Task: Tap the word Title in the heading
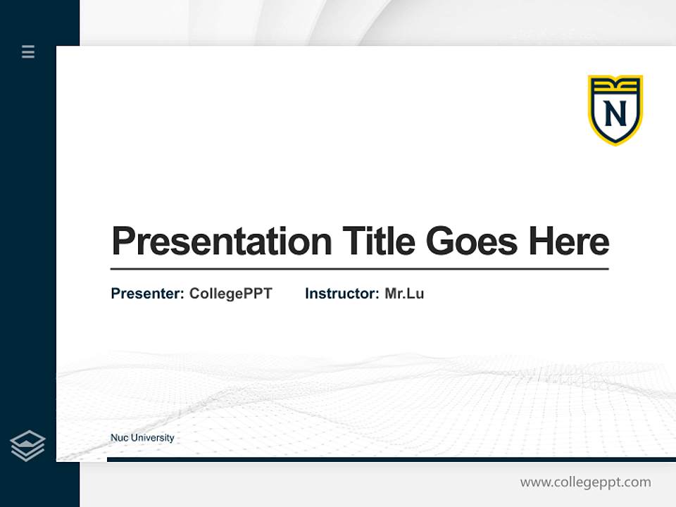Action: coord(379,242)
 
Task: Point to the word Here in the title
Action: coord(569,242)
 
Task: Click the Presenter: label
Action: coord(147,294)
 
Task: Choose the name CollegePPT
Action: coord(230,294)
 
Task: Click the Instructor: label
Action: coord(342,294)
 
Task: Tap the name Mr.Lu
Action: coord(404,294)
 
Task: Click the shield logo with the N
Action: coord(615,110)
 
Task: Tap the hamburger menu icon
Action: coord(28,51)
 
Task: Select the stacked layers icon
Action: coord(27,446)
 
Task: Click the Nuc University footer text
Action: coord(142,438)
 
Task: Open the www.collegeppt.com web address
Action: coord(585,482)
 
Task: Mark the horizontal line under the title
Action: coord(359,269)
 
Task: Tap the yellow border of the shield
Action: coord(591,113)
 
